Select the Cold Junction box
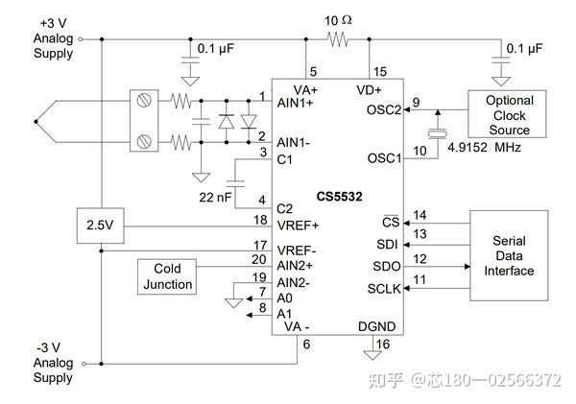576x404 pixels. pos(169,275)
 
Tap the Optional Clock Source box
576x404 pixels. pos(508,115)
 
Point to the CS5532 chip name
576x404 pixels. pos(341,197)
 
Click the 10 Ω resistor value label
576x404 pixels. pos(338,20)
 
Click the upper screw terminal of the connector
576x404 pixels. pos(146,101)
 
